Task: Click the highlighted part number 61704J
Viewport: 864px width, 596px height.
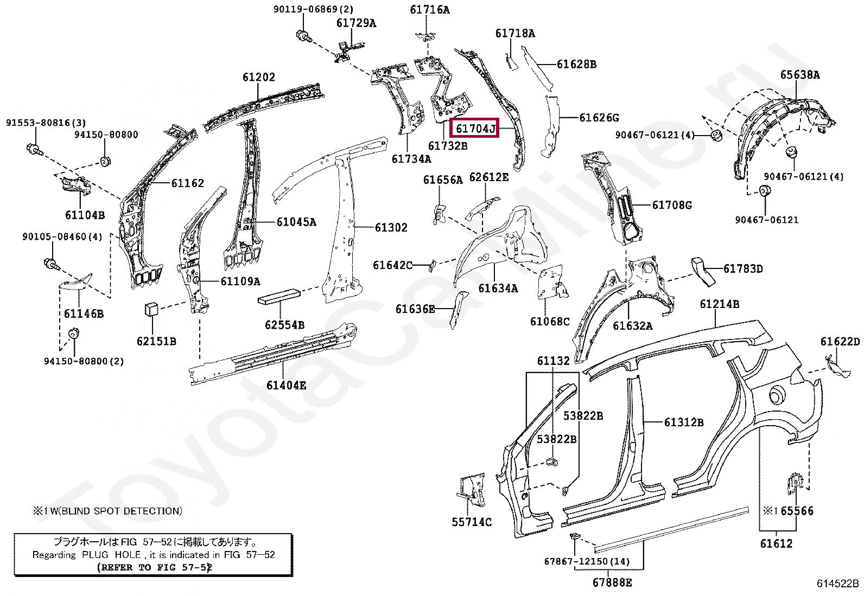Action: (x=475, y=129)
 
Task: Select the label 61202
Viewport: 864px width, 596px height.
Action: (x=259, y=78)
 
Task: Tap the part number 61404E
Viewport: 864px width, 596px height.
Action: (x=286, y=385)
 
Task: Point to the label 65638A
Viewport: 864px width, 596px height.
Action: (x=800, y=75)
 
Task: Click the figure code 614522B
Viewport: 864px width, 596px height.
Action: (x=838, y=584)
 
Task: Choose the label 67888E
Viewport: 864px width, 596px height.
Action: (x=612, y=582)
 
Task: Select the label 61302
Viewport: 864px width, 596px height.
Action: (x=391, y=228)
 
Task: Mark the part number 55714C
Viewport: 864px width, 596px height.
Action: (x=472, y=522)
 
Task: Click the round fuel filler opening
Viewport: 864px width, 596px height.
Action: (x=776, y=395)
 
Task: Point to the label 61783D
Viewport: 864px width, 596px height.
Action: (x=743, y=268)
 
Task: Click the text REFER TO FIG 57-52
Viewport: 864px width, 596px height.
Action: (x=154, y=567)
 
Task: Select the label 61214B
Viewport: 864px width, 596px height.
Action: (x=719, y=304)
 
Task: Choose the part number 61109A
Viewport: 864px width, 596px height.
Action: (x=240, y=281)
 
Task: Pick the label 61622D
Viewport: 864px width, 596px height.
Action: (x=840, y=341)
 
